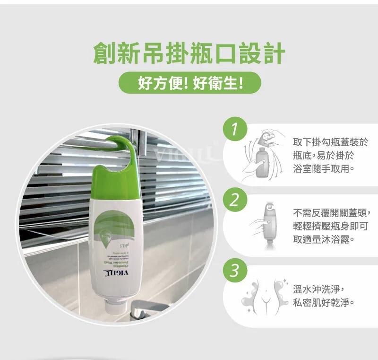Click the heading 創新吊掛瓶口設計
tap(189, 53)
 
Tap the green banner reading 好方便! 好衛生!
tap(189, 83)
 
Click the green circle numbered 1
tap(235, 129)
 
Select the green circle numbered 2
tap(235, 200)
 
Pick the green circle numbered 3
tap(235, 271)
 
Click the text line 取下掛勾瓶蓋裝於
tap(330, 142)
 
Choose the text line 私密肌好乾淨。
tap(324, 302)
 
